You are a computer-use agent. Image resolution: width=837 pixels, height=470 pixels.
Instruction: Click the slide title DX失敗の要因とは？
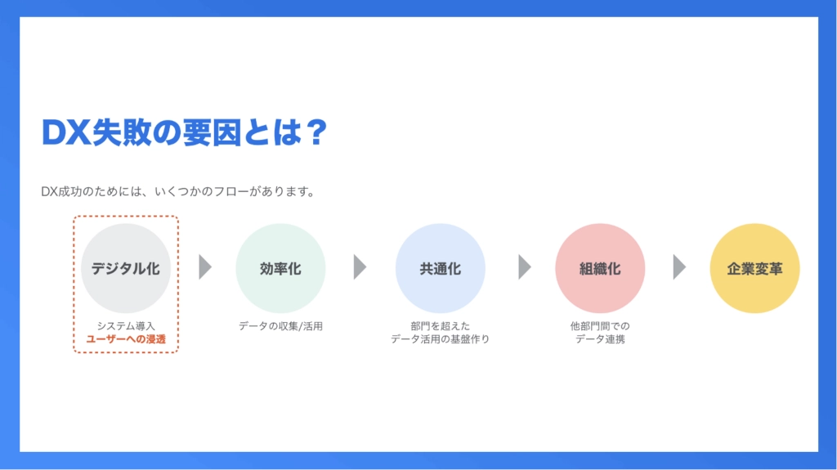pos(184,132)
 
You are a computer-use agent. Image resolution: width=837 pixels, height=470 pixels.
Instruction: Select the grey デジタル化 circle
pos(126,268)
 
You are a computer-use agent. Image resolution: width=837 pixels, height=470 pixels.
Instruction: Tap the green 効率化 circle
pos(281,268)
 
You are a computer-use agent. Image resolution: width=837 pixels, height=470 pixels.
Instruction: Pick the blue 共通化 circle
pos(441,268)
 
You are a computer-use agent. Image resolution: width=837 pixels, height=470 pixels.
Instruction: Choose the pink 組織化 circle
pos(600,268)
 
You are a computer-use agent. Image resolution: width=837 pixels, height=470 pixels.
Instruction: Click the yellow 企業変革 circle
pos(754,268)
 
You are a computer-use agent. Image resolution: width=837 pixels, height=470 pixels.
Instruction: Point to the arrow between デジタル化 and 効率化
pos(205,267)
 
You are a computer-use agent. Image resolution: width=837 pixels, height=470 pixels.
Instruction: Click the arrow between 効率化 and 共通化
pos(360,267)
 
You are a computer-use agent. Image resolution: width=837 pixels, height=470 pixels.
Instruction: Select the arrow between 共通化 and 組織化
pos(525,267)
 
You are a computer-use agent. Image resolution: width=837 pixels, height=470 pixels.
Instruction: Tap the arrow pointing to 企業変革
pos(679,267)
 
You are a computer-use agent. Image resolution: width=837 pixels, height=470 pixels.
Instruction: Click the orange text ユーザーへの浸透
pos(126,339)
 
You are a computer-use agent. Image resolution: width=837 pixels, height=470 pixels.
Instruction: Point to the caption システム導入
pos(126,326)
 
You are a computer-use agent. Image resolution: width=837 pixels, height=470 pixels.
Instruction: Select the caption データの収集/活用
pos(281,326)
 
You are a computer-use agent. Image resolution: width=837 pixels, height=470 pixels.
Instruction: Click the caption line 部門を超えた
pos(441,326)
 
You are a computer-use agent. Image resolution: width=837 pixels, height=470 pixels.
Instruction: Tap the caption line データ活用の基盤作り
pos(441,339)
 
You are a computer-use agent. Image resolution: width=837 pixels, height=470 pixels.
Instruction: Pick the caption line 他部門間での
pos(600,326)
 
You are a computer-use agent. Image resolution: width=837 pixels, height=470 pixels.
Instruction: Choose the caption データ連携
pos(600,339)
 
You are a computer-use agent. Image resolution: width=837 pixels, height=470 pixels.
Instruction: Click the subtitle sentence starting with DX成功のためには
pos(178,191)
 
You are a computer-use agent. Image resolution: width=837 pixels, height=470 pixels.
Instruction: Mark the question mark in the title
pos(317,132)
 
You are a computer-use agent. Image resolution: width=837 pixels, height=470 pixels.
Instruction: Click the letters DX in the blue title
pos(65,132)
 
